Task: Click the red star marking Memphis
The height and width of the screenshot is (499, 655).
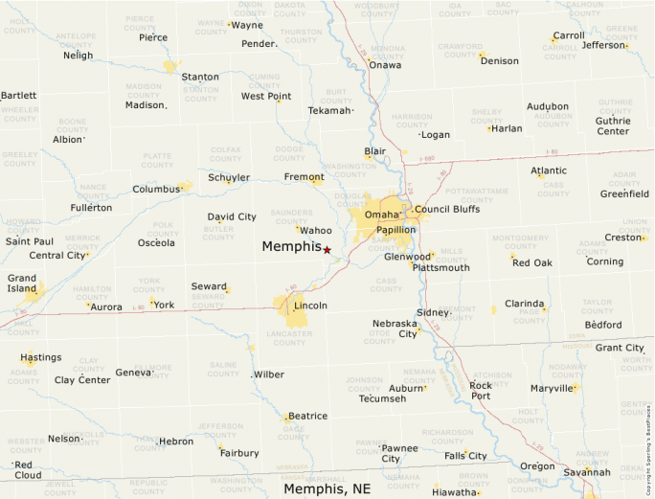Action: tap(327, 250)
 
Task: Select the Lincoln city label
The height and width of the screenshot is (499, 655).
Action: tap(310, 306)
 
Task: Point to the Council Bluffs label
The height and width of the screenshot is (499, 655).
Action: tap(447, 209)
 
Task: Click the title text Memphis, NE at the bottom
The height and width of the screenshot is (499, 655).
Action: tap(327, 488)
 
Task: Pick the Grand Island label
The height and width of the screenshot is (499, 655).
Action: tap(22, 284)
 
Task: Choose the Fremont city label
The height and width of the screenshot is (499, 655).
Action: tap(304, 177)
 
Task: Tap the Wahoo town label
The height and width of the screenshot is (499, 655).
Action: tap(316, 230)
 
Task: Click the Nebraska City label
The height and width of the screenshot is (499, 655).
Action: tap(395, 329)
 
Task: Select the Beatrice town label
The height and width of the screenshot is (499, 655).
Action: tap(307, 416)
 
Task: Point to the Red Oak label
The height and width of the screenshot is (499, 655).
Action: tap(532, 262)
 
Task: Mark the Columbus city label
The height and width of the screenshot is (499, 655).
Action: tap(156, 190)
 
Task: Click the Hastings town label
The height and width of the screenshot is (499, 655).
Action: tap(41, 357)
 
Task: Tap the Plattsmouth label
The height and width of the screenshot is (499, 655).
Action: tap(440, 268)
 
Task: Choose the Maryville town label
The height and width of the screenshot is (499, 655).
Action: tap(551, 388)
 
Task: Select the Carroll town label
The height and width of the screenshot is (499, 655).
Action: tap(569, 35)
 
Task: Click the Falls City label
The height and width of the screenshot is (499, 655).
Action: tap(465, 456)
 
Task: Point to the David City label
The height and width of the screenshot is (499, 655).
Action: tap(232, 216)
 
